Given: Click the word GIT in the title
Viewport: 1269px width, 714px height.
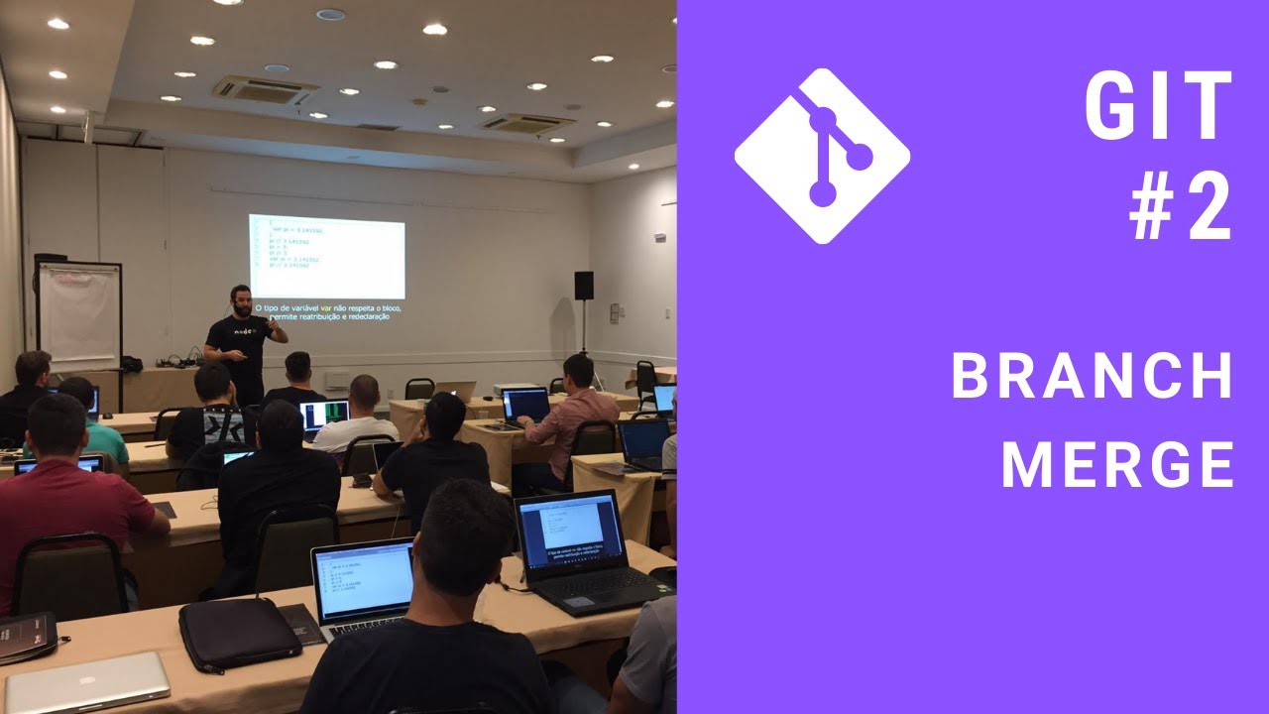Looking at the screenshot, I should (1158, 106).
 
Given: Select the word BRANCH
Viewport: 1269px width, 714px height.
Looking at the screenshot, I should (1092, 376).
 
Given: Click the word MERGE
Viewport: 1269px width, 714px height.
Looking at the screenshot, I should (1117, 463).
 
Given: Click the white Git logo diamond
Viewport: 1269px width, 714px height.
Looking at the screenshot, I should (822, 156).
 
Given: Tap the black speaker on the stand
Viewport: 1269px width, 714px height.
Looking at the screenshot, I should (583, 286).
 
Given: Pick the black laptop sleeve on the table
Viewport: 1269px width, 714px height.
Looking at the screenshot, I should (239, 635).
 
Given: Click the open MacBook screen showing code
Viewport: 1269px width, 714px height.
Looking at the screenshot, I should (364, 582).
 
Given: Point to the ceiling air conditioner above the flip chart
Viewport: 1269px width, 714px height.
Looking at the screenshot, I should (265, 88).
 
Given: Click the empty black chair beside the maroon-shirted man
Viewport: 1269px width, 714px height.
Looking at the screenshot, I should (69, 575).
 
